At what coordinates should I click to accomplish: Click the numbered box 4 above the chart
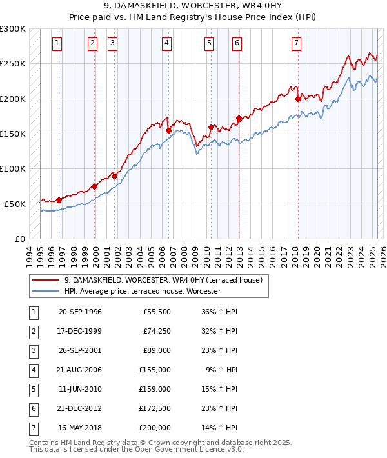point(166,43)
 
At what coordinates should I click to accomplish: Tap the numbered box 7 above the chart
point(296,43)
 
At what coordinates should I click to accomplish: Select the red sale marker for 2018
point(298,99)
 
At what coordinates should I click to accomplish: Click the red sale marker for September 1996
point(59,200)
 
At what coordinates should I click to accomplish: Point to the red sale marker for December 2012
point(239,118)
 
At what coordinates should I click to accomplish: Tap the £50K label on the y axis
point(15,204)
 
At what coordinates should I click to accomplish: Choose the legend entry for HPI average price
point(143,291)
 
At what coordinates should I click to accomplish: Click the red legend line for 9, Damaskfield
point(45,280)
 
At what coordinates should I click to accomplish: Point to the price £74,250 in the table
point(157,331)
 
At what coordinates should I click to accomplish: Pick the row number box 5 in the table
point(32,389)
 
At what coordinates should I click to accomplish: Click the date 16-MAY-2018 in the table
point(80,427)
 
